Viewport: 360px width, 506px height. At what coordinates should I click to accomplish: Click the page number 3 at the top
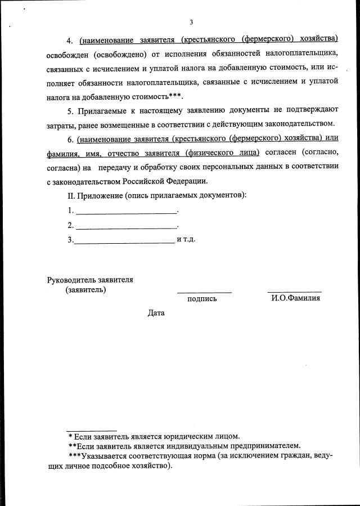point(191,23)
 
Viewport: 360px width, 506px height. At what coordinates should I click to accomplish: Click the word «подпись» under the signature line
point(202,299)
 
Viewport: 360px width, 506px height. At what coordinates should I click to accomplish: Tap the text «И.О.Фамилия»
point(295,298)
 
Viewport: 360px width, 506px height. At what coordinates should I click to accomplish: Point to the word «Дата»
point(156,312)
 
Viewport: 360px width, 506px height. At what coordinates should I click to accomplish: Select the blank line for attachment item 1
point(126,213)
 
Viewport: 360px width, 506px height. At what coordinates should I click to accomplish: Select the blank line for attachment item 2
point(126,227)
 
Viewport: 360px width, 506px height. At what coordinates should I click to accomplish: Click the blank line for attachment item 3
point(124,242)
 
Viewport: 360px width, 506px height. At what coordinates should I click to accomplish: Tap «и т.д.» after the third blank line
point(186,239)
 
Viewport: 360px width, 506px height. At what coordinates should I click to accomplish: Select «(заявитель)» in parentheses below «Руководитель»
point(85,290)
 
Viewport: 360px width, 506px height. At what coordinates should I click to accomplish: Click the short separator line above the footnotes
point(91,431)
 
